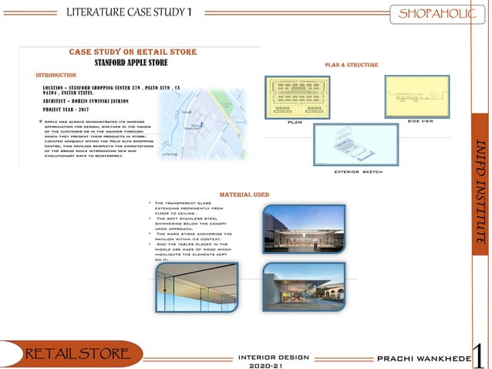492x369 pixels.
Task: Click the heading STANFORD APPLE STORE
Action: pyautogui.click(x=131, y=63)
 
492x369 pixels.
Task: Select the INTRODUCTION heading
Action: pyautogui.click(x=56, y=76)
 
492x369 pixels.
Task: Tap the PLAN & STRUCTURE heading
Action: pyautogui.click(x=351, y=65)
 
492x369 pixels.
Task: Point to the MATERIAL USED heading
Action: pyautogui.click(x=244, y=195)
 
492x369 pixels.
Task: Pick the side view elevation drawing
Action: pyautogui.click(x=416, y=96)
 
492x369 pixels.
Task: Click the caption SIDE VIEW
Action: pyautogui.click(x=420, y=121)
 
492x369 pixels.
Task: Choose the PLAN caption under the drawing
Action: pyautogui.click(x=295, y=122)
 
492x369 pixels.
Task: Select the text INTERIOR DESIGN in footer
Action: pyautogui.click(x=274, y=357)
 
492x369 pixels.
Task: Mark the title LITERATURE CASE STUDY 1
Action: pyautogui.click(x=130, y=12)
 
